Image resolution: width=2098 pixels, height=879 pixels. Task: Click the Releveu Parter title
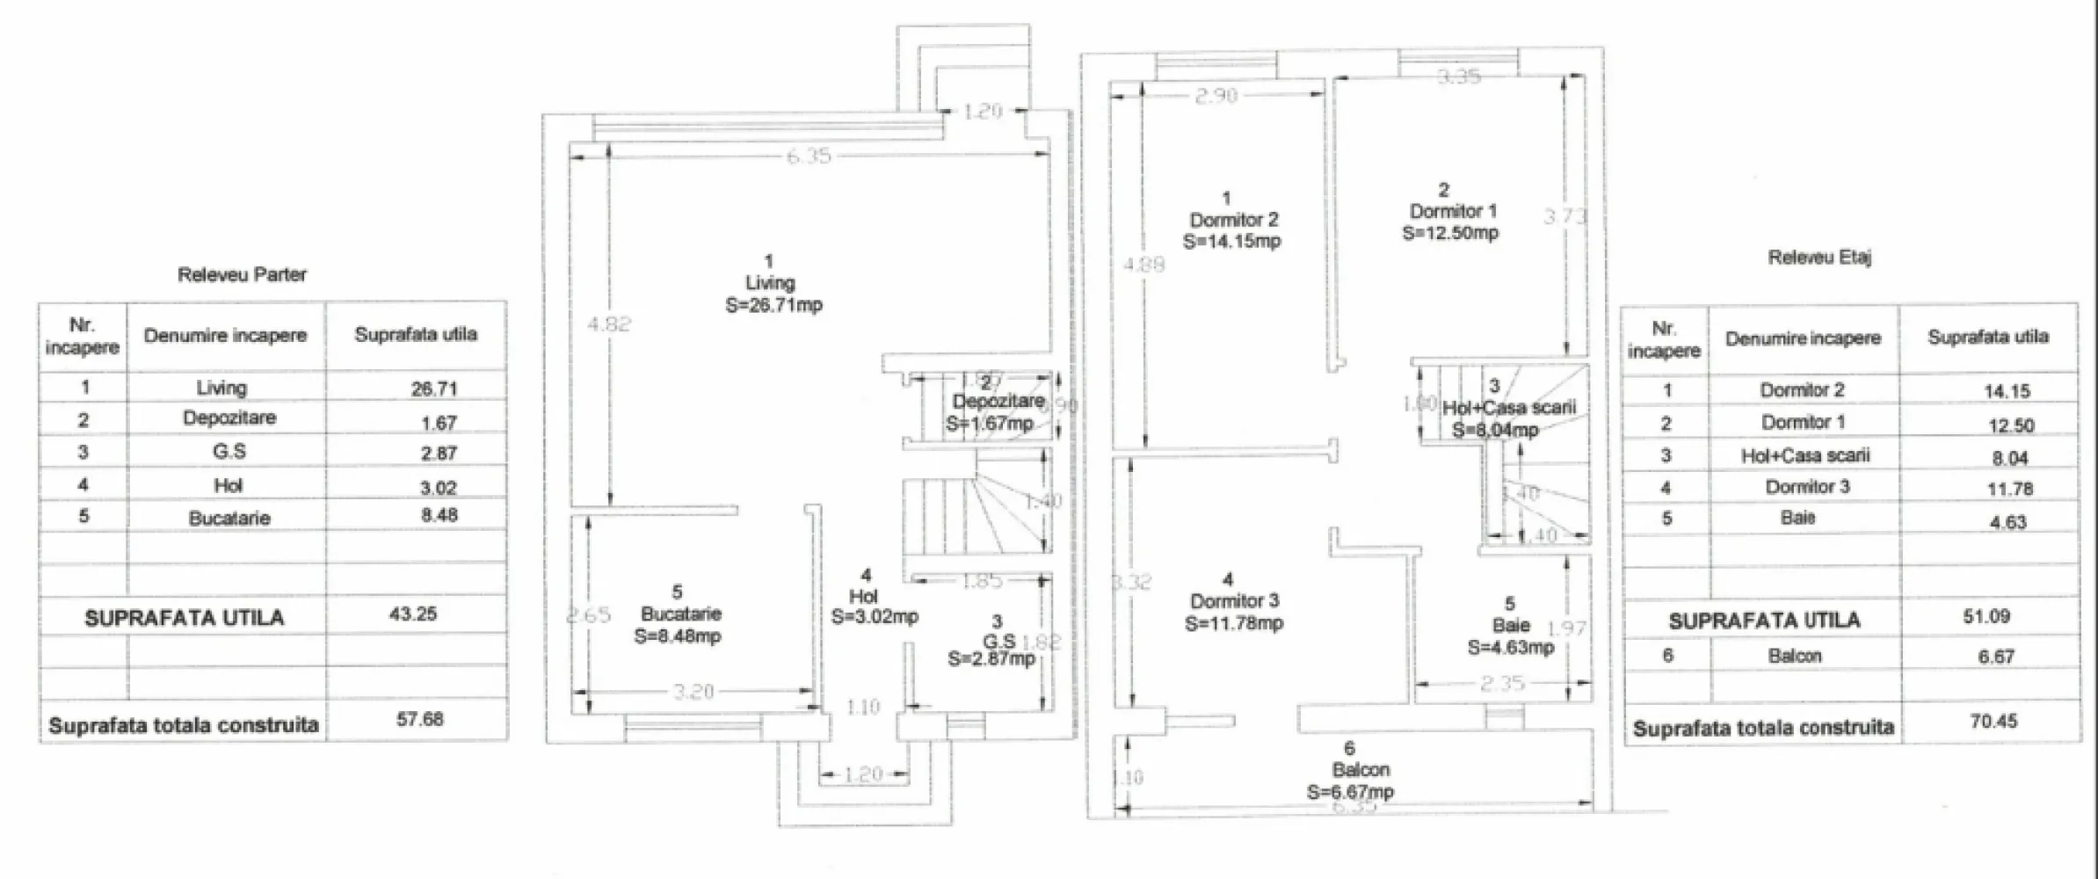[242, 275]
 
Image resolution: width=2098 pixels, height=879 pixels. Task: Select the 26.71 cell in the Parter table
[434, 389]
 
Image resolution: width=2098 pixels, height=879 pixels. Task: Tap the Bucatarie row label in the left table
[229, 518]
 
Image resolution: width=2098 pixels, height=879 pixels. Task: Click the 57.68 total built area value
[419, 720]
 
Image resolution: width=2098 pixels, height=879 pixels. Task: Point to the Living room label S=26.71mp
[773, 305]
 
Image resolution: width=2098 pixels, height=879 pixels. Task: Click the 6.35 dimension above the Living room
[807, 156]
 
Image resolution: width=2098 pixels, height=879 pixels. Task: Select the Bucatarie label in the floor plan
[680, 614]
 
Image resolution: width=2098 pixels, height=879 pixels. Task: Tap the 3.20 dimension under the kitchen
[693, 692]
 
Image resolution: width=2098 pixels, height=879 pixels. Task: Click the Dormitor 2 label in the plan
[1233, 220]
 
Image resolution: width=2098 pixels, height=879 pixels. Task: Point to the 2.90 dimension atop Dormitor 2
[1216, 96]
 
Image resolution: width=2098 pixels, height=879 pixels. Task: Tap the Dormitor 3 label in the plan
[1234, 601]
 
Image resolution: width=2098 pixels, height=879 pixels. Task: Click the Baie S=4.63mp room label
[1510, 636]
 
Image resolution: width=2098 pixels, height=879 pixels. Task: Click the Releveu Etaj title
[1819, 258]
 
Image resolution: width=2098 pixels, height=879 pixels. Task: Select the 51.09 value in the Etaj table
[1985, 616]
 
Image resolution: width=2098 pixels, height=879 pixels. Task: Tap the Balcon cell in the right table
[1794, 656]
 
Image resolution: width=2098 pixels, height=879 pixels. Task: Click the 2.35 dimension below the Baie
[1501, 683]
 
